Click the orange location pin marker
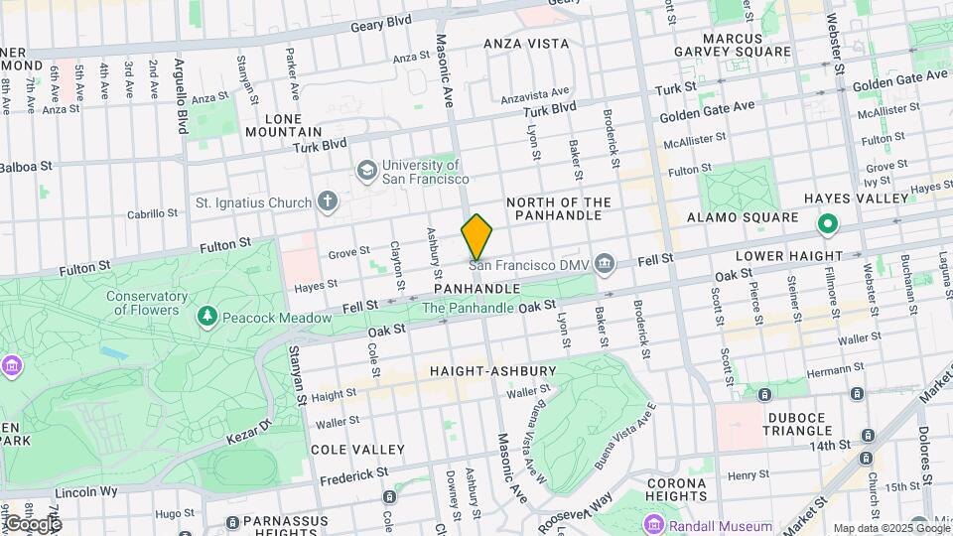pos(477,237)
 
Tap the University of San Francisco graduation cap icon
pos(366,171)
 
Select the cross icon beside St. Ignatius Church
pos(328,203)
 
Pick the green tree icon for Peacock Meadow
pos(207,317)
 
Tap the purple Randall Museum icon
pos(652,525)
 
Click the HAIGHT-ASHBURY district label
pos(492,371)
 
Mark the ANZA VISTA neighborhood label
pos(526,44)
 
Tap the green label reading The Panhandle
pos(469,308)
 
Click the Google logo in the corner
pos(32,523)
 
